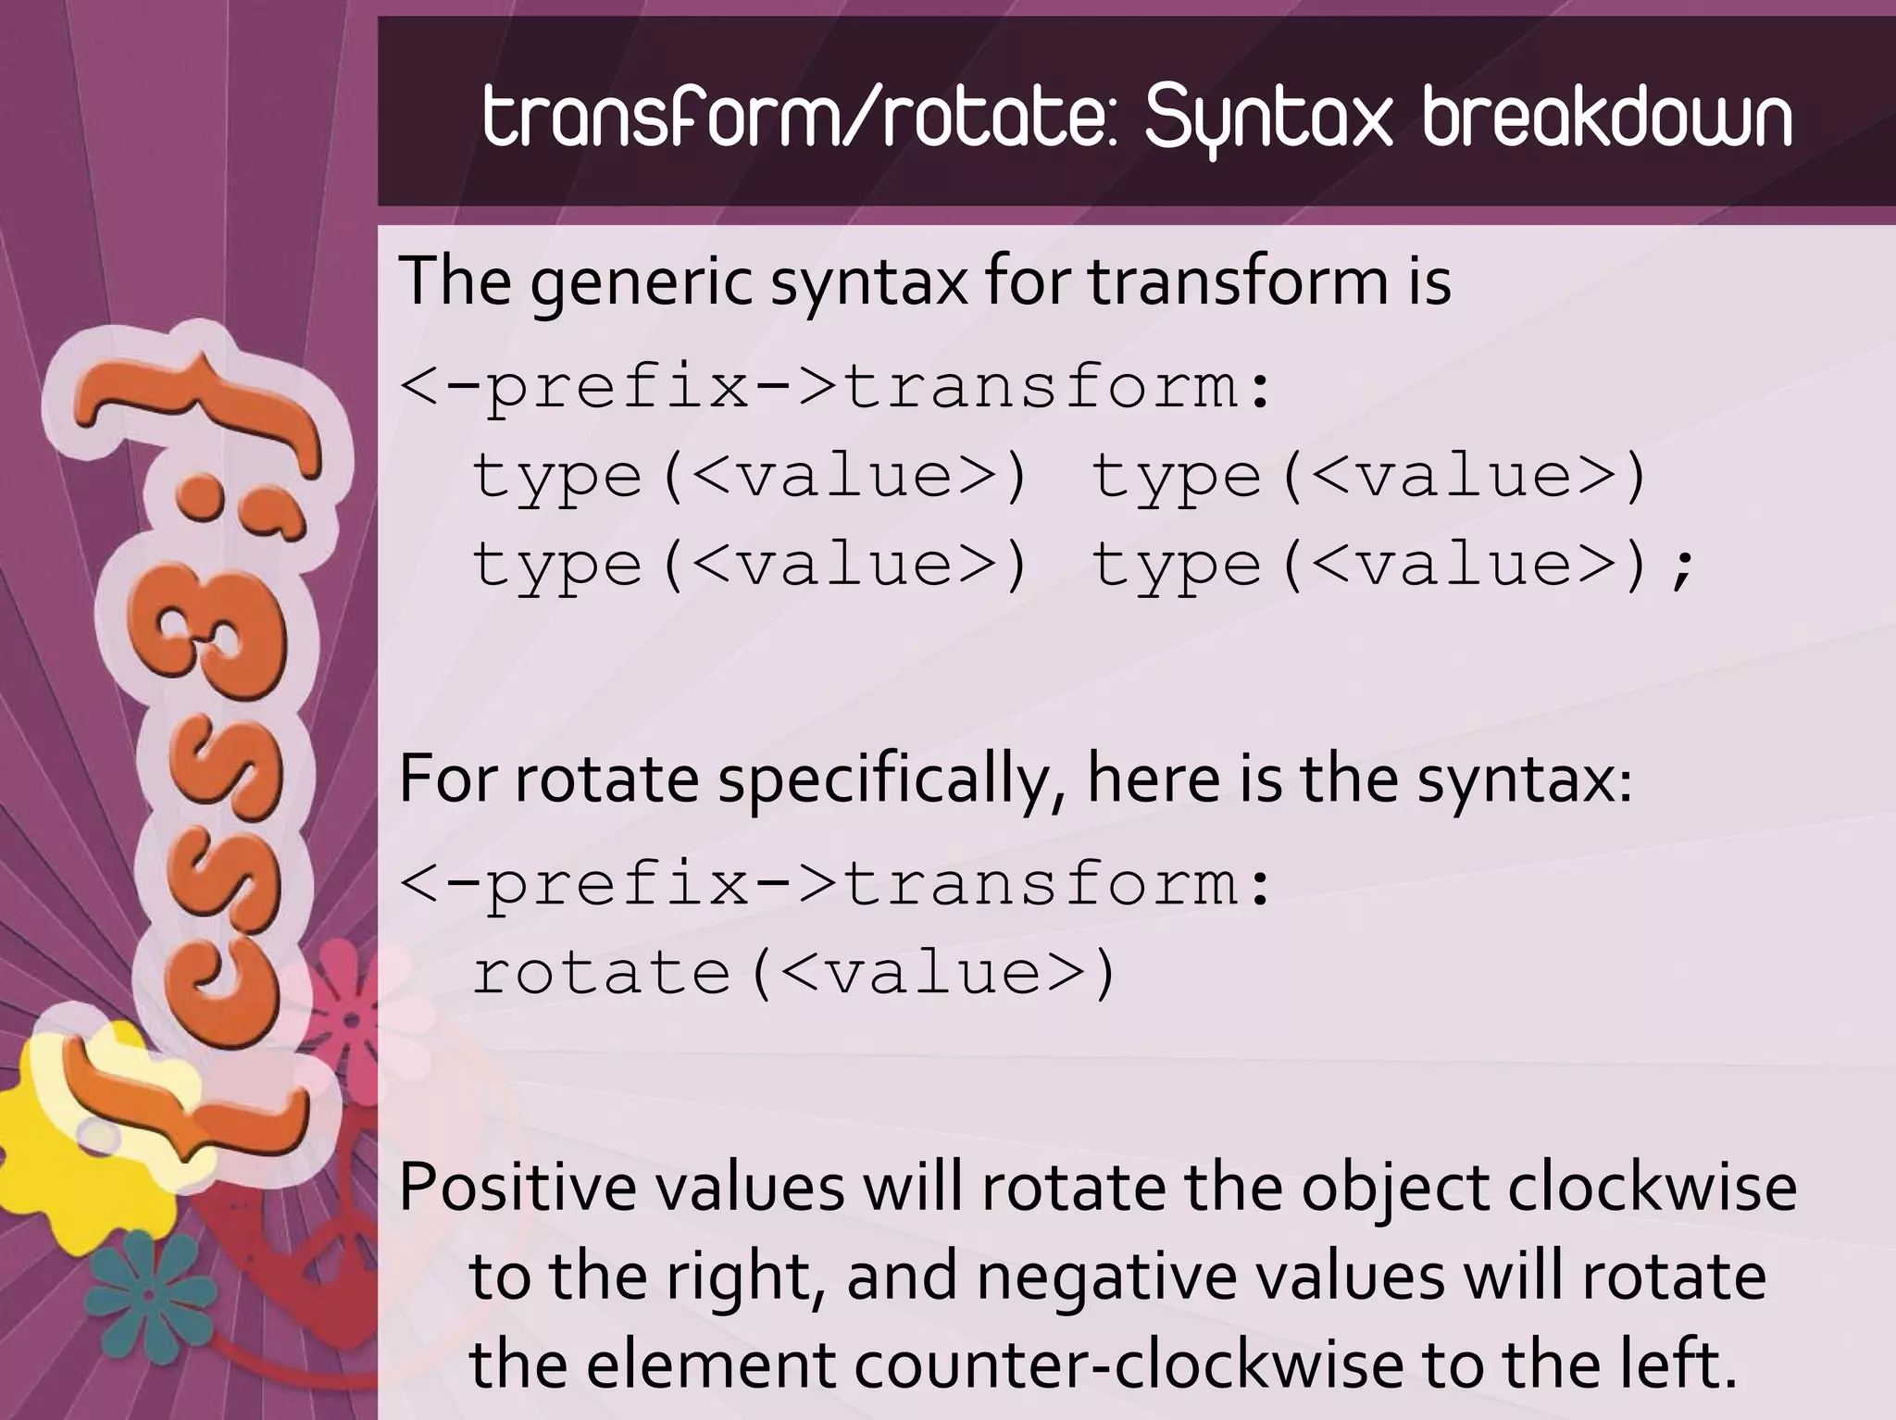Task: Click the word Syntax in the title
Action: (1267, 120)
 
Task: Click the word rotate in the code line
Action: (602, 974)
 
